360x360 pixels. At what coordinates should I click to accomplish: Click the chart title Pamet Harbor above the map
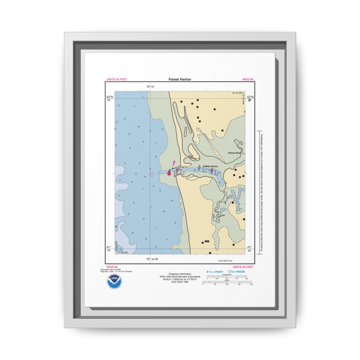[180, 79]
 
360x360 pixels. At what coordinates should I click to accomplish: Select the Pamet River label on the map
[234, 153]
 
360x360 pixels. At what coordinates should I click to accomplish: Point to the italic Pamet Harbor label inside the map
[210, 166]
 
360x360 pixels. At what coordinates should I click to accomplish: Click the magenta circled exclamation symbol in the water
[151, 174]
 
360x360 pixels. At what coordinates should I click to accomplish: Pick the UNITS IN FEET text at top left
[117, 79]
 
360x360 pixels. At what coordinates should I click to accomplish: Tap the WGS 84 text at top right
[248, 79]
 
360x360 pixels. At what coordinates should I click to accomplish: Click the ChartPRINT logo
[215, 271]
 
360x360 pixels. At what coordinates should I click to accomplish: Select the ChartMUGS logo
[236, 271]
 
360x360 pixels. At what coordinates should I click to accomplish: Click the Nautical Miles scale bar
[226, 276]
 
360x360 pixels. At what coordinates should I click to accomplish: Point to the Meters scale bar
[227, 282]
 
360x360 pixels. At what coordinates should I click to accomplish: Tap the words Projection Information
[180, 274]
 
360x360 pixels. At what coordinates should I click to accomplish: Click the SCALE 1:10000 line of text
[180, 279]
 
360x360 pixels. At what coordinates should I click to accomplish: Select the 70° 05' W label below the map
[152, 259]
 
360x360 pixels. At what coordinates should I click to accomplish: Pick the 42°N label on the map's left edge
[110, 97]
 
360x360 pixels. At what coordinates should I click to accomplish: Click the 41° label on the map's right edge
[249, 247]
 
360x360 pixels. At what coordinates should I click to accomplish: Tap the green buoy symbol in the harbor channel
[199, 167]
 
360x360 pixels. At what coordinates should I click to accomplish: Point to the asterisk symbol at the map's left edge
[116, 227]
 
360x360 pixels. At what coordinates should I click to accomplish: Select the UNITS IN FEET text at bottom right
[243, 267]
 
